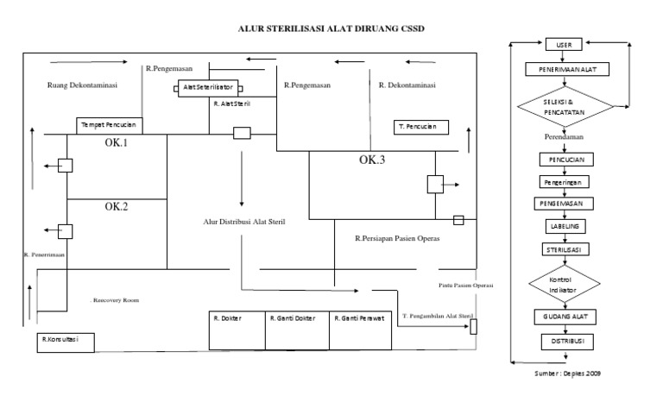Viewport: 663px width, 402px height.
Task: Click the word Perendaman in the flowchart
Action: pyautogui.click(x=565, y=137)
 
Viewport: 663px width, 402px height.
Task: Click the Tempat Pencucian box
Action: pyautogui.click(x=110, y=125)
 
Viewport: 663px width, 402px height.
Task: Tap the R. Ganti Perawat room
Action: pyautogui.click(x=361, y=318)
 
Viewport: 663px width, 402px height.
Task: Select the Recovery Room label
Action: pyautogui.click(x=116, y=300)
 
